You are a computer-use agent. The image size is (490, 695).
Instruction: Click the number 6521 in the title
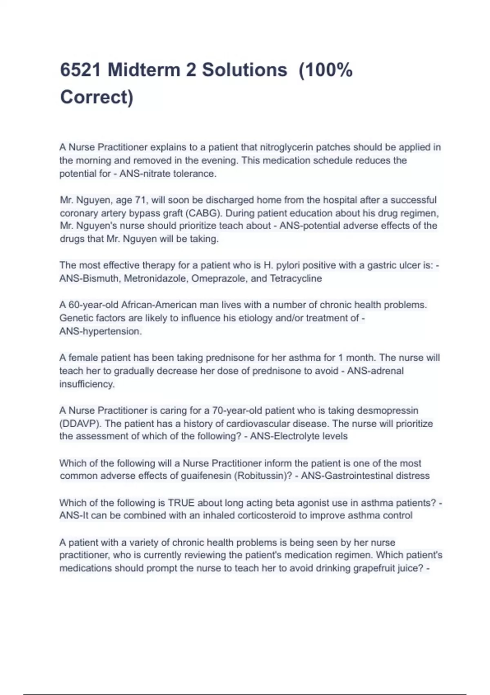pyautogui.click(x=80, y=70)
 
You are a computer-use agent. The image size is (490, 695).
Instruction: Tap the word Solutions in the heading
pyautogui.click(x=244, y=70)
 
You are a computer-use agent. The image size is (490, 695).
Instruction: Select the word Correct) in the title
pyautogui.click(x=97, y=97)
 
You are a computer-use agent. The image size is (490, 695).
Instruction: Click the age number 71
pyautogui.click(x=141, y=200)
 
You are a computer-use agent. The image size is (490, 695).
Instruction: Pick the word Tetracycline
pyautogui.click(x=296, y=279)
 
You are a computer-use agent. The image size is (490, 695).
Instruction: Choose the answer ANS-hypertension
pyautogui.click(x=100, y=332)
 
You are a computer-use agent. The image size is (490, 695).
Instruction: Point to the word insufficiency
pyautogui.click(x=87, y=384)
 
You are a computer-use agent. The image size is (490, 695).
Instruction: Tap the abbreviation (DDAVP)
pyautogui.click(x=80, y=424)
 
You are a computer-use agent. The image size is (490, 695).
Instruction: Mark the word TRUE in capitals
pyautogui.click(x=182, y=503)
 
